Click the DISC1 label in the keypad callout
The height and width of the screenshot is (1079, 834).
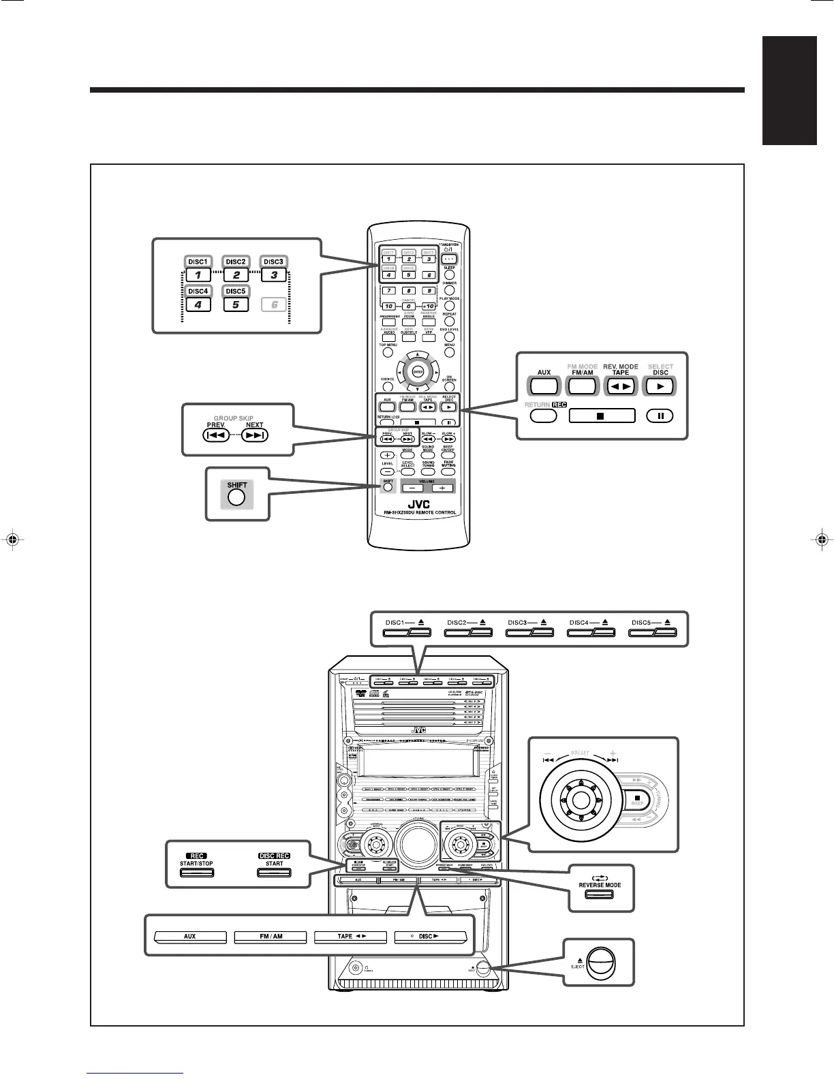coord(198,262)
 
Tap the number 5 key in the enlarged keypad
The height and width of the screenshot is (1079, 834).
coord(235,304)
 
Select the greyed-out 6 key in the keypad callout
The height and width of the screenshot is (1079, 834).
coord(274,304)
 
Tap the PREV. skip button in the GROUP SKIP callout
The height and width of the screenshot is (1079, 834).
coord(216,435)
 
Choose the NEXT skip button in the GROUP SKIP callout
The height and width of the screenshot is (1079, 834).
coord(254,435)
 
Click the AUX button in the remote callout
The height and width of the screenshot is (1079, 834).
coord(544,386)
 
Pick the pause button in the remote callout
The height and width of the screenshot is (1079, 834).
coord(660,415)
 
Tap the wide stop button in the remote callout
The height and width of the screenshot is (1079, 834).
coord(601,415)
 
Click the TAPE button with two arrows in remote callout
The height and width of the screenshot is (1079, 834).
coord(621,386)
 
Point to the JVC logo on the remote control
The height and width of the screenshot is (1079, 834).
coord(414,505)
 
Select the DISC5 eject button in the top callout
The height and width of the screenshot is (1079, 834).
coord(653,633)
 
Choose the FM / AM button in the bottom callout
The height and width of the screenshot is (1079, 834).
coord(271,937)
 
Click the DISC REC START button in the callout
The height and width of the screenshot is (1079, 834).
coord(274,872)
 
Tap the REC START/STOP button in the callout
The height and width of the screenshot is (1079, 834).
coord(197,872)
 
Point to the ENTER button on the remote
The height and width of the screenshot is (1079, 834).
coord(417,371)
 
